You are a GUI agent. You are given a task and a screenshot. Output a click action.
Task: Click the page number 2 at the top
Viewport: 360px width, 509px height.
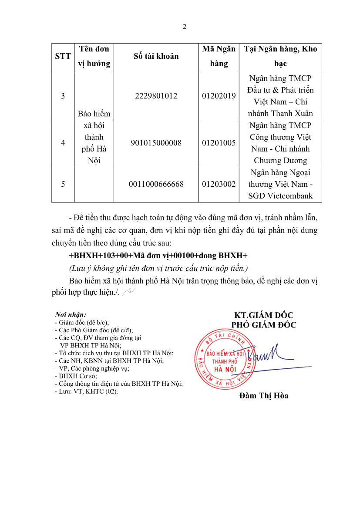click(x=185, y=27)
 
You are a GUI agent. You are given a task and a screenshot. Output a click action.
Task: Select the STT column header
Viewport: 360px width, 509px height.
click(x=63, y=56)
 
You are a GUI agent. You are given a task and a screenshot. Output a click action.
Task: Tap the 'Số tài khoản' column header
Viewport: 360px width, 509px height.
click(x=156, y=56)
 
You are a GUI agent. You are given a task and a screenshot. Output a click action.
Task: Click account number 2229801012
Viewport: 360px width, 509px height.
click(x=156, y=96)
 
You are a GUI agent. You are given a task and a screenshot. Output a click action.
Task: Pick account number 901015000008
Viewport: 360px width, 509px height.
click(x=156, y=143)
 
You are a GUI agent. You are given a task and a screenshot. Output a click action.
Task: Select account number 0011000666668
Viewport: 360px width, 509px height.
click(x=156, y=184)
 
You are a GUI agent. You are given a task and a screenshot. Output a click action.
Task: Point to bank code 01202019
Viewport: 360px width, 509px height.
click(x=219, y=96)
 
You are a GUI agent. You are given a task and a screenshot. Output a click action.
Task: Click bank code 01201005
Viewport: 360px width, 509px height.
click(x=219, y=143)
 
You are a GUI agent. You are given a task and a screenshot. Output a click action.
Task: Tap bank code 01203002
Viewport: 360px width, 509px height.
click(x=219, y=184)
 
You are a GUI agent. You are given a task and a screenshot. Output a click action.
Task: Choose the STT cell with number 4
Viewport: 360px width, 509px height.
click(x=63, y=143)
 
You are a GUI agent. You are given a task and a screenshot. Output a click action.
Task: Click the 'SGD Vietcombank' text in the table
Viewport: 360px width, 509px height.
click(x=280, y=196)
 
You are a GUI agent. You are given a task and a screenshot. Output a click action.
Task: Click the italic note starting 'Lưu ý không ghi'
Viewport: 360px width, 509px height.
click(x=158, y=268)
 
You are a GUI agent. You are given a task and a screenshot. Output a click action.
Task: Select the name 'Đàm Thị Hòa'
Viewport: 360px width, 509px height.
click(x=263, y=396)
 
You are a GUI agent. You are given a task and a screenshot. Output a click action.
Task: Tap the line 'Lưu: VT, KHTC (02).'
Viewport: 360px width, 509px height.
click(x=86, y=391)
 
